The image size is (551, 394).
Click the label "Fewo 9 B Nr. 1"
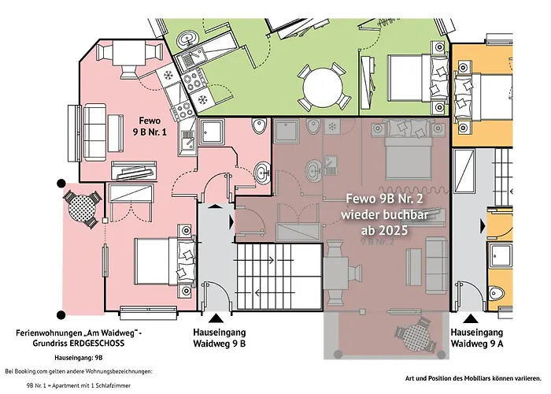coord(150,126)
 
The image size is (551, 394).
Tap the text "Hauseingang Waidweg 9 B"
coord(220,338)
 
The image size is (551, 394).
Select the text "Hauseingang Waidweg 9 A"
coord(477,338)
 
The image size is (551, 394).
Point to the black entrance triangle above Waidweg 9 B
coord(216,318)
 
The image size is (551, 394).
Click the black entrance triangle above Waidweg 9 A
coord(471,318)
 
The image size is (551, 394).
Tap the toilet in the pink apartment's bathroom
coord(259,126)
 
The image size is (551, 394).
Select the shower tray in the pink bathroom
coord(213,132)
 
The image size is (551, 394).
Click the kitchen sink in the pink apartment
coord(188,138)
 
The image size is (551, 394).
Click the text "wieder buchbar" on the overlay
coord(384,214)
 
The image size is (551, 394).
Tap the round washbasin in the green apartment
coord(187,38)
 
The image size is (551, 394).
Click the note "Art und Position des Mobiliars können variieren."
coord(473,378)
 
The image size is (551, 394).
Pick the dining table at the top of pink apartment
coord(129,54)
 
